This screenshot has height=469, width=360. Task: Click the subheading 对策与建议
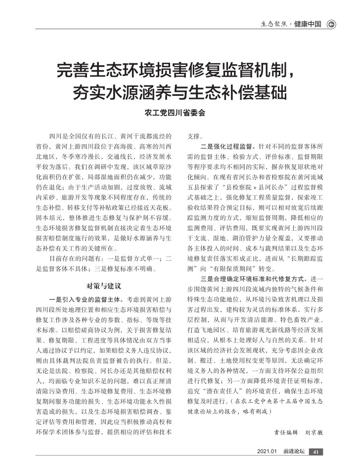tap(104, 285)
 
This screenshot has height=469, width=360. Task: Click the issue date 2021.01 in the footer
tap(267, 452)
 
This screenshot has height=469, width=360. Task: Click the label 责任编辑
tap(286, 431)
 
